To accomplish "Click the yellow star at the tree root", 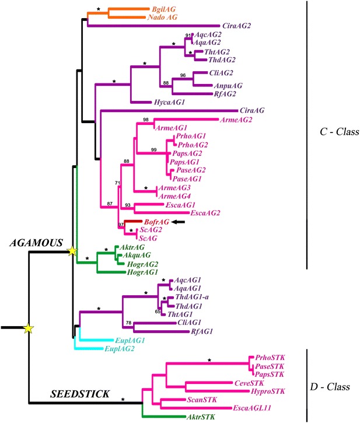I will point(28,330).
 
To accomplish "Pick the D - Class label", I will point(333,387).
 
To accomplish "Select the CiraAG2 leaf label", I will point(239,26).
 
